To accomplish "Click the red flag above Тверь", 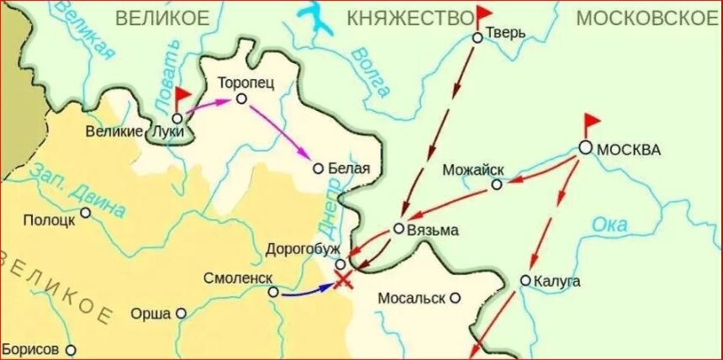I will coord(485,15).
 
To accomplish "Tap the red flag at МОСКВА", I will coord(593,122).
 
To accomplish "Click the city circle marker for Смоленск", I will coord(273,292).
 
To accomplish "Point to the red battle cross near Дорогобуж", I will coord(342,279).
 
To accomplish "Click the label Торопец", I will coord(245,83).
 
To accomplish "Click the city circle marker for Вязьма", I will coord(398,228).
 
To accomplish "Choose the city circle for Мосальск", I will coord(455,297).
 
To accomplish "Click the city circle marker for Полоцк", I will coord(85,212).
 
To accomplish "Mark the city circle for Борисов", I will coord(71,349).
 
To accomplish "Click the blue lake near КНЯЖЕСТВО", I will coord(317,19).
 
